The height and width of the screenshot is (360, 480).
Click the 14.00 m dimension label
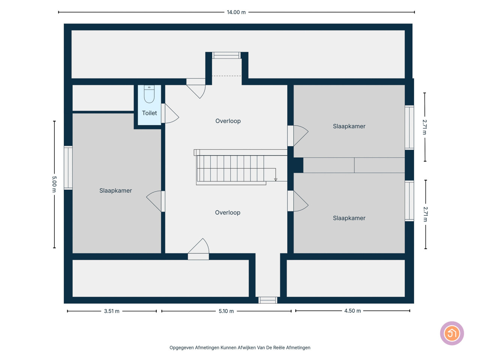236,12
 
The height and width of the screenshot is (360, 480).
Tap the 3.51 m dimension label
112,311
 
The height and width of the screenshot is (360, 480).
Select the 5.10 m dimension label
226,311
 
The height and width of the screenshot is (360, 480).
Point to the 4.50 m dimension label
352,310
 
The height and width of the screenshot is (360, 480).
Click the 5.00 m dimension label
54,184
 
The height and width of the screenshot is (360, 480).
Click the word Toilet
149,113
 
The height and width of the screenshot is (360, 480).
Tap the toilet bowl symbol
149,94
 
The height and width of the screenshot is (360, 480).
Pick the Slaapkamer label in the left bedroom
115,190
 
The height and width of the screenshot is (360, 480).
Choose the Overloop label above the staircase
228,121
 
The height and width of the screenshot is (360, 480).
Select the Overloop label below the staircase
227,213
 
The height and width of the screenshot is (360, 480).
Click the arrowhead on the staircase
276,180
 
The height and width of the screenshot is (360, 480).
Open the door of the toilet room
170,113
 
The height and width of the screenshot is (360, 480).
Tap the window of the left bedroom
68,168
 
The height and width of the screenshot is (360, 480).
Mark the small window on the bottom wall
268,300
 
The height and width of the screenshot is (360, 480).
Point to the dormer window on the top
226,55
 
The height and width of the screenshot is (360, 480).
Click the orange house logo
452,333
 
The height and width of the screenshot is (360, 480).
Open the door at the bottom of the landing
198,249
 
